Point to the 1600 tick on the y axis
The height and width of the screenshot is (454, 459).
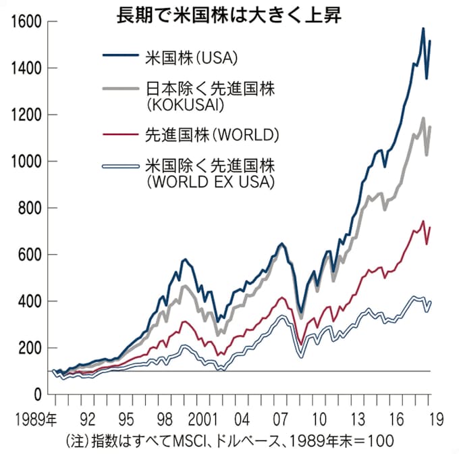[25, 22]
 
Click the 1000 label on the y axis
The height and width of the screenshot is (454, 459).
[25, 161]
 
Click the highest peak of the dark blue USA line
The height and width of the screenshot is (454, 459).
[423, 28]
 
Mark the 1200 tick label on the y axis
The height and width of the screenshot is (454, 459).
[25, 115]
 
